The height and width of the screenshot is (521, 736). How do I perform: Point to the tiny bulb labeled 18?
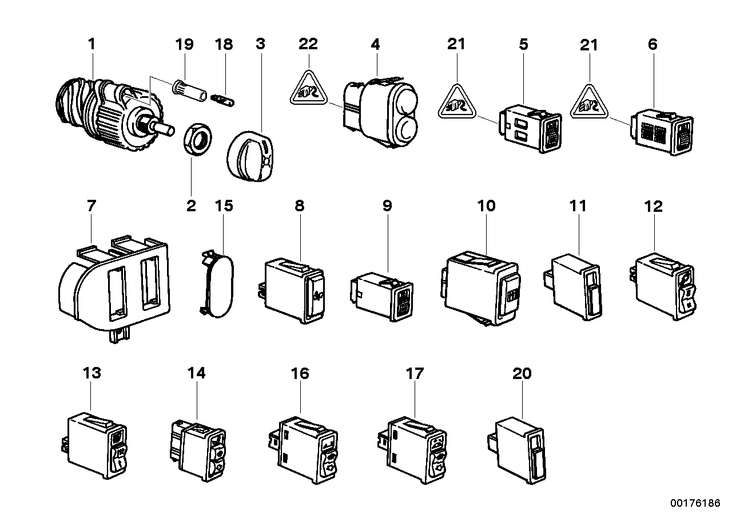point(222,100)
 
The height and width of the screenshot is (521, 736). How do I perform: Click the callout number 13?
point(91,373)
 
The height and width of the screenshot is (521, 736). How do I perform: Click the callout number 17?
point(414,373)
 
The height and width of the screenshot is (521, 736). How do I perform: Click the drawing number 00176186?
point(695,503)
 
